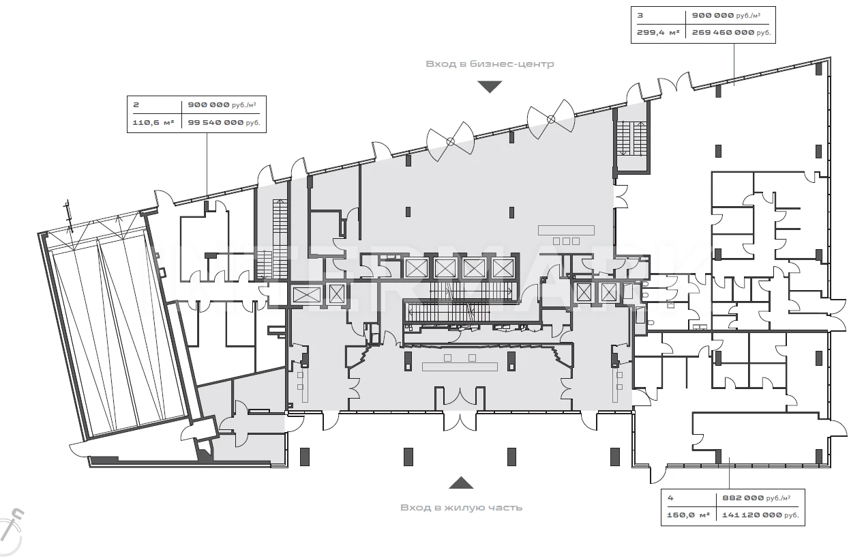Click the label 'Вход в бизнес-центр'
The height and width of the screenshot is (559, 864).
pyautogui.click(x=490, y=64)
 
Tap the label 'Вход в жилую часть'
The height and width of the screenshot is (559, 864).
pyautogui.click(x=461, y=507)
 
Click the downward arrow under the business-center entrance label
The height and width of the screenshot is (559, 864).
pyautogui.click(x=490, y=87)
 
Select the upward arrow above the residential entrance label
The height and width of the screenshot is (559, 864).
pyautogui.click(x=461, y=483)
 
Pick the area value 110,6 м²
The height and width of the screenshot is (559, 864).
pyautogui.click(x=153, y=123)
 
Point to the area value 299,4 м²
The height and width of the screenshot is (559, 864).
pyautogui.click(x=658, y=32)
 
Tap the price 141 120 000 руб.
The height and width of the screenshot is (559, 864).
pyautogui.click(x=760, y=515)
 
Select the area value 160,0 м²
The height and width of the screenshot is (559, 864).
pyautogui.click(x=688, y=515)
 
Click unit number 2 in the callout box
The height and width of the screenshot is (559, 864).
pyautogui.click(x=136, y=105)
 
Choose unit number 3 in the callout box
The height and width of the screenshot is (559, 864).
pyautogui.click(x=640, y=14)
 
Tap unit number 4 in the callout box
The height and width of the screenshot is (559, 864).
pyautogui.click(x=670, y=498)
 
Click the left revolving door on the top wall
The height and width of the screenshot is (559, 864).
pyautogui.click(x=449, y=141)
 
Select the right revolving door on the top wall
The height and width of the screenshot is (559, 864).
pyautogui.click(x=551, y=119)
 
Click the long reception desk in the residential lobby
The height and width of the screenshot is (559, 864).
pyautogui.click(x=459, y=367)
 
